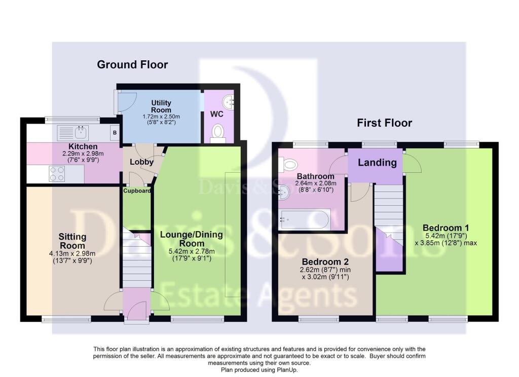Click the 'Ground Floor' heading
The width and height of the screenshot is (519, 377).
pos(132,64)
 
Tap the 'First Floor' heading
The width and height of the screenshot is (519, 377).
pos(384,123)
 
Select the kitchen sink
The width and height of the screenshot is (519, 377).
pos(73,133)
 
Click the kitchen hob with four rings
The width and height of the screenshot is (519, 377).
pos(57,174)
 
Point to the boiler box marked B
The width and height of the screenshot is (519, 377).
pos(115,133)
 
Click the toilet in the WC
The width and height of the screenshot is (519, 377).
pos(217,133)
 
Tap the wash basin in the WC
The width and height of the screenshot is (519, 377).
pos(229,102)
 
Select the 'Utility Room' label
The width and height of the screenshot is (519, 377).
pos(161,106)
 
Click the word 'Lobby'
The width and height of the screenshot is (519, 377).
pos(141,162)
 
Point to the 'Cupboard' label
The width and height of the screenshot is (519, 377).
pos(137,191)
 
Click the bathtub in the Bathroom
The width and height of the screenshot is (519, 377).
pos(305,219)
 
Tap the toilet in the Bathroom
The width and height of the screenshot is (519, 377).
pos(287,165)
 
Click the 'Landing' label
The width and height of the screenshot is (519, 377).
pos(377,162)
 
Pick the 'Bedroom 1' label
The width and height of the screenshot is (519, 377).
pos(446,228)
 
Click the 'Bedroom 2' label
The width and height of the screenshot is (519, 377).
pos(325,262)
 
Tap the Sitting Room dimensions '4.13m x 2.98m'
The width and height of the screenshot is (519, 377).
pos(72,253)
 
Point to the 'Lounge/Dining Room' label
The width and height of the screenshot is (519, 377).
pos(191,239)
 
